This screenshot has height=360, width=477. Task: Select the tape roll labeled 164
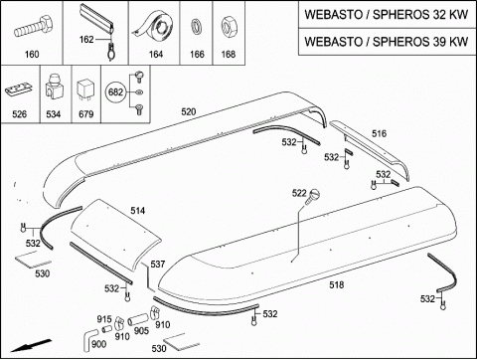[156, 26]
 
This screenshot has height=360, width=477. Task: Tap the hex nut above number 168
[229, 27]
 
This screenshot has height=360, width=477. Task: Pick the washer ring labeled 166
[197, 27]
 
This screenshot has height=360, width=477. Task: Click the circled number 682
[115, 91]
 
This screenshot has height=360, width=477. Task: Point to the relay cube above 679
[85, 91]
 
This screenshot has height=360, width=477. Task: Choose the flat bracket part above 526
[19, 90]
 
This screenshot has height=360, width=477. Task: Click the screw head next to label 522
[313, 195]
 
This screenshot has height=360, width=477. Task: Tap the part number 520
[189, 111]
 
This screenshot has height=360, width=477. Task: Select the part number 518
[337, 284]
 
